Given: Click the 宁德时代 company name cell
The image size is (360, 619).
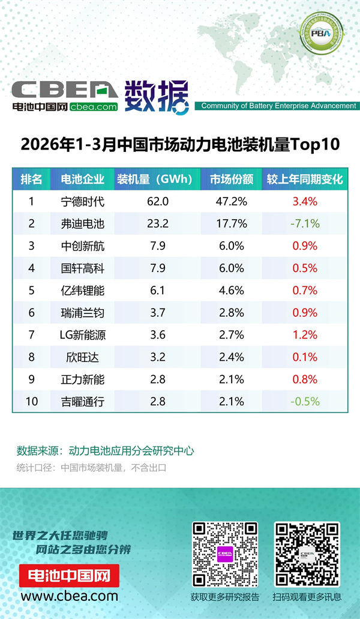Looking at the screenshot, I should click(x=83, y=201).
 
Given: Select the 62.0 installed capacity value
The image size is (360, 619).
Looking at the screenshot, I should click(x=158, y=201).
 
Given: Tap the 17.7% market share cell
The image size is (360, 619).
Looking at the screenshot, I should click(x=231, y=223).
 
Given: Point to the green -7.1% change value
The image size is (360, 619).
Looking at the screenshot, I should click(x=305, y=223).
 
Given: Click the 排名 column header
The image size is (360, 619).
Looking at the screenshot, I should click(x=31, y=179).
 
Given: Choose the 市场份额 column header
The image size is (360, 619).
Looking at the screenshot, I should click(x=231, y=179).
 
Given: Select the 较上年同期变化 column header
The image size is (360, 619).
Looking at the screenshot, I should click(x=305, y=179).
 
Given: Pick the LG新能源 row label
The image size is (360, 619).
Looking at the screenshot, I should click(x=83, y=334).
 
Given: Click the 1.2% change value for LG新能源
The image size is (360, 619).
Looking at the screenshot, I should click(x=305, y=334).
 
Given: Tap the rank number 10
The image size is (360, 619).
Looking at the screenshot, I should click(x=31, y=401).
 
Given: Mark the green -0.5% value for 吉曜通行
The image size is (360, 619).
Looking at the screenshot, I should click(x=305, y=401).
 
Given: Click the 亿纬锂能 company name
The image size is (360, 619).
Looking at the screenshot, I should click(x=83, y=290).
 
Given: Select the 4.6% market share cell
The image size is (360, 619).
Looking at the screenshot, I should click(x=231, y=290).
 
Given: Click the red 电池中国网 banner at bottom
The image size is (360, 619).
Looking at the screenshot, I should click(x=70, y=576).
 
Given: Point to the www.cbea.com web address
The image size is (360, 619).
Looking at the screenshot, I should click(x=70, y=596).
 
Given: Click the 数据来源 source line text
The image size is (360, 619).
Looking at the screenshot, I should click(x=105, y=451).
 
